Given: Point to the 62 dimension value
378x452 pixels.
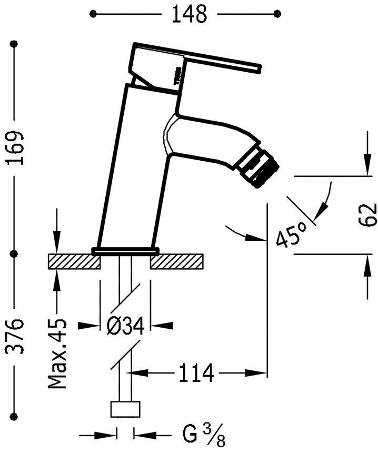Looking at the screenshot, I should tap(369, 214).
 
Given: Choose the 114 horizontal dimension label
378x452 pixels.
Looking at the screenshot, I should tap(195, 374).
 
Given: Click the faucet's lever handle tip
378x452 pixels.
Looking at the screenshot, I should tap(258, 67).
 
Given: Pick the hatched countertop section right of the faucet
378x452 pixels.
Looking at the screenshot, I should tap(176, 262).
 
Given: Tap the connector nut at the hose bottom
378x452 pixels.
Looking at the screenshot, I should tap(125, 410).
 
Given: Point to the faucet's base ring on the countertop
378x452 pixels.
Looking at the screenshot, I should tap(125, 250).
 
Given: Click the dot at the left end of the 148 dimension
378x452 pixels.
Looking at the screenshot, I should tap(94, 14).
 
